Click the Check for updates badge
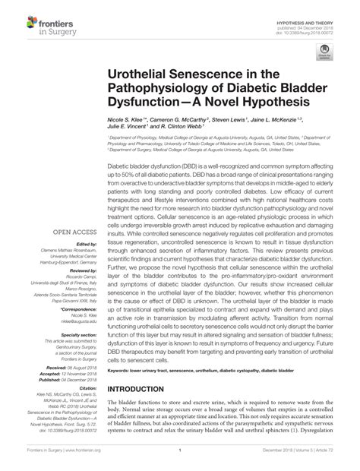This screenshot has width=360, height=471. pyautogui.click(x=325, y=52)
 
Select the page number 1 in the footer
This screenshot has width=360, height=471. pyautogui.click(x=179, y=460)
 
